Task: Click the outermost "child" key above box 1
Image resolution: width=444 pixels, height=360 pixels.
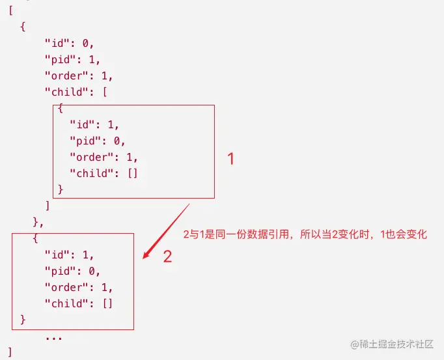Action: tap(64, 92)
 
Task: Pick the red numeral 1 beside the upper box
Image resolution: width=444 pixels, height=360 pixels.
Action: tap(230, 159)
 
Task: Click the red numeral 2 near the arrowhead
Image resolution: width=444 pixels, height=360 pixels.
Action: tap(167, 256)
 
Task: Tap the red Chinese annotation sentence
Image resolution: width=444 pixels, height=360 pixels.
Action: tap(305, 234)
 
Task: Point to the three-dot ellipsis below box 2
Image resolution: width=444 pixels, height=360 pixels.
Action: tap(53, 337)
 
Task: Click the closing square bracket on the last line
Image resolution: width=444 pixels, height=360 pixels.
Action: tap(10, 352)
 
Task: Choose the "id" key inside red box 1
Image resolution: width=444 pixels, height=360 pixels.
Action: tap(81, 124)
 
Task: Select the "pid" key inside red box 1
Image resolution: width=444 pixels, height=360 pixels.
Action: tap(84, 140)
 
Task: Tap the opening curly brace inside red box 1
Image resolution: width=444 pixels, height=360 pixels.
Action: tap(60, 108)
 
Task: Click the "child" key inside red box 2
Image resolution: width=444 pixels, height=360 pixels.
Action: tap(64, 303)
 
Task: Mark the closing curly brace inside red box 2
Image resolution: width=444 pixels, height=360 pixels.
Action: tap(23, 319)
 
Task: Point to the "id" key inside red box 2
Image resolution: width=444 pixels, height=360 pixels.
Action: tap(56, 255)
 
